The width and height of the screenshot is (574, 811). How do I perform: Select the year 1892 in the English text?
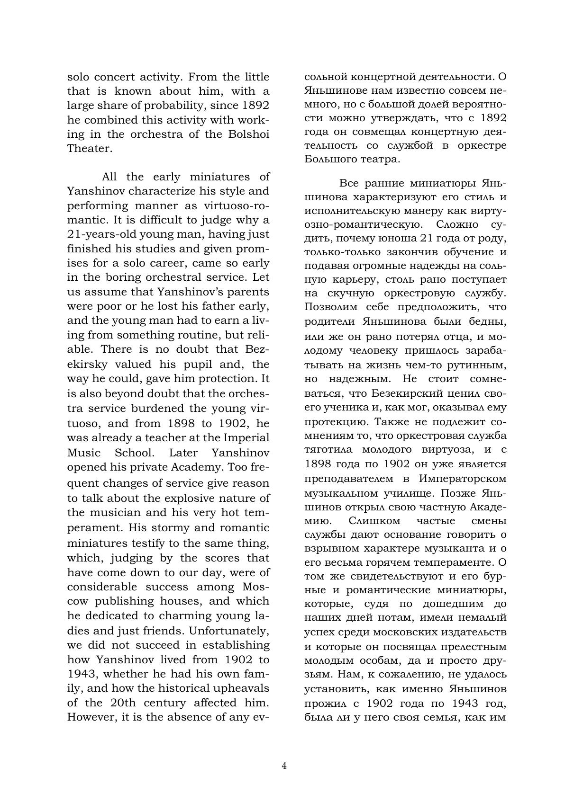tap(255, 106)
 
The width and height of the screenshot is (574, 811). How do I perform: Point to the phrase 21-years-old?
tap(97, 234)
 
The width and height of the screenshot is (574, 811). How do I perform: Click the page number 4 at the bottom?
tap(284, 766)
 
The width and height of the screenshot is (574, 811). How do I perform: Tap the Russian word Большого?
tap(328, 159)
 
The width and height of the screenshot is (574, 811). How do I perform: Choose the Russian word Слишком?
tap(374, 521)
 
